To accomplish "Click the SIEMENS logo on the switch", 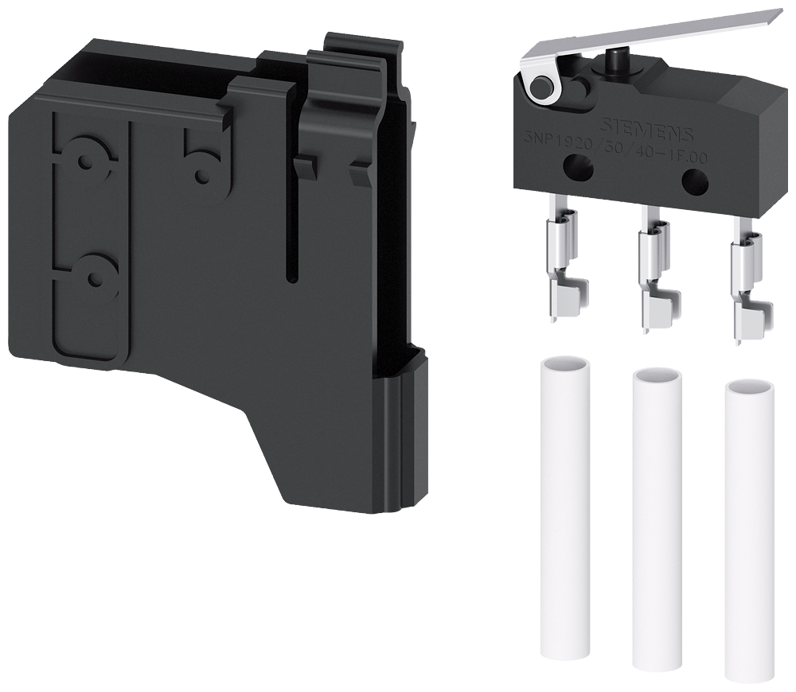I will (x=645, y=128).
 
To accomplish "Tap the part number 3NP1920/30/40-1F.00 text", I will (x=609, y=145).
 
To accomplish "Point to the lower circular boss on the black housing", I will (x=96, y=278).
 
